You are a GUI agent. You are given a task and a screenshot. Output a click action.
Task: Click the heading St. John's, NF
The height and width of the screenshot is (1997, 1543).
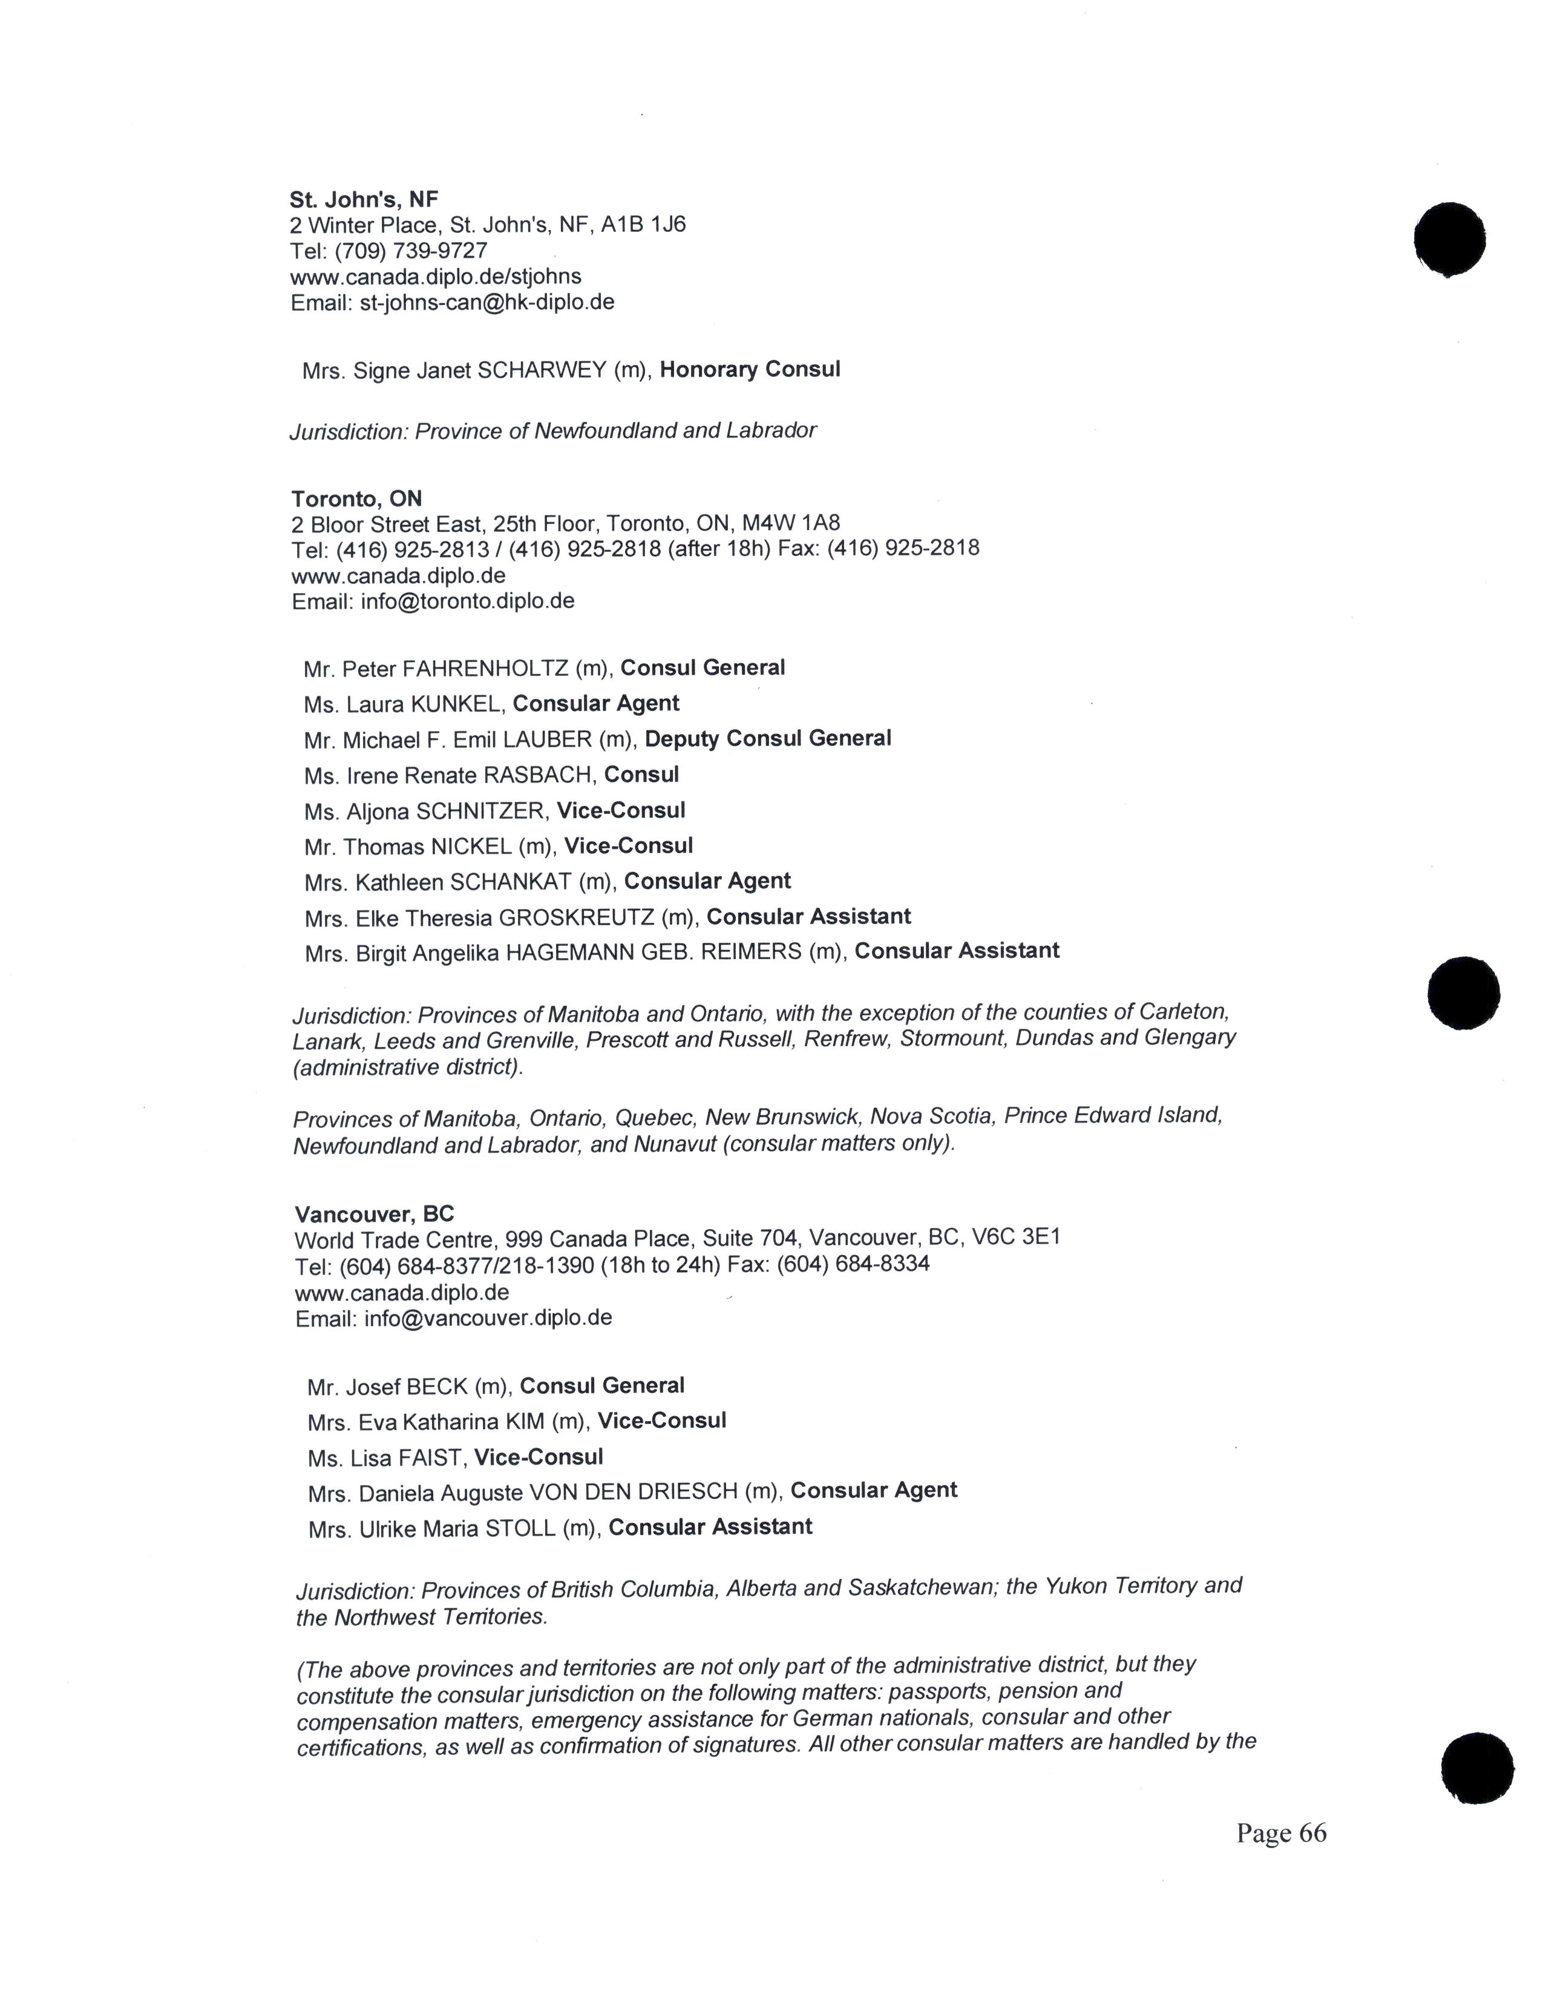click(x=364, y=199)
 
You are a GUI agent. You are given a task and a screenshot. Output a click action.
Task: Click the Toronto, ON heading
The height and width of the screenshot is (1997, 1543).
click(x=356, y=498)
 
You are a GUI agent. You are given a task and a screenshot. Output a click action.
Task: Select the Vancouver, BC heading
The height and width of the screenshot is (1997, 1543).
click(x=374, y=1215)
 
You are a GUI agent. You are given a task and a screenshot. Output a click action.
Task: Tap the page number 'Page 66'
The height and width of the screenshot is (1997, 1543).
click(x=1280, y=1834)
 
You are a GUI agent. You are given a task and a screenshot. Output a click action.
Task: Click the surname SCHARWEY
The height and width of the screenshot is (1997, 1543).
click(x=542, y=370)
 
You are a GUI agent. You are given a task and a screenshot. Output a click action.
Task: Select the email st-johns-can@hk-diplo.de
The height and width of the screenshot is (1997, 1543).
click(x=486, y=303)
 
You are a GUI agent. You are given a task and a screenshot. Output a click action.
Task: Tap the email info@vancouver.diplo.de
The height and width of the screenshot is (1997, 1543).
click(x=488, y=1317)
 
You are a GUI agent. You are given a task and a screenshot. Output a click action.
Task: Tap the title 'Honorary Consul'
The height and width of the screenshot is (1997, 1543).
click(x=750, y=369)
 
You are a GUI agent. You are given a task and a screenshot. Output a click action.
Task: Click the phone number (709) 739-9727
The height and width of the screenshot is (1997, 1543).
click(x=411, y=251)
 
